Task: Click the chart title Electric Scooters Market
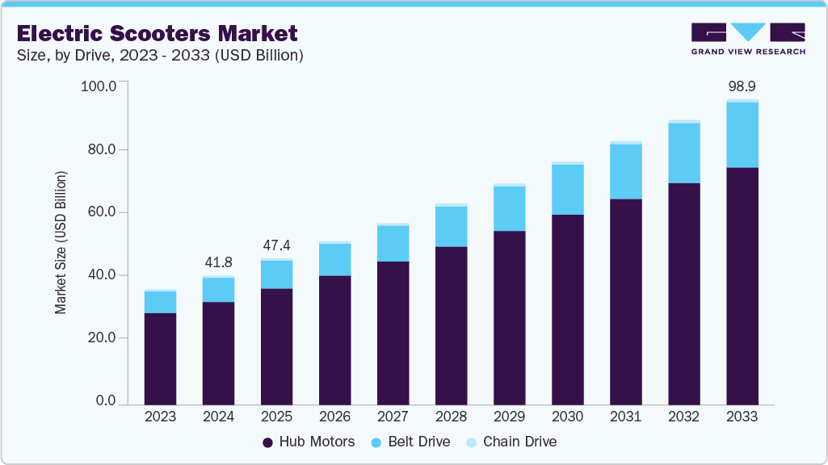tap(157, 34)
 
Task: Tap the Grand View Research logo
tap(747, 39)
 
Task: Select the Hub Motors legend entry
tap(309, 442)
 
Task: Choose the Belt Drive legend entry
tap(413, 442)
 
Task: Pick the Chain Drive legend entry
tap(512, 442)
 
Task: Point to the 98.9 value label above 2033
tap(742, 86)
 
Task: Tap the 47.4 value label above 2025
tap(276, 245)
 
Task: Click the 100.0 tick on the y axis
tap(99, 86)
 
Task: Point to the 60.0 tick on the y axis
tap(102, 212)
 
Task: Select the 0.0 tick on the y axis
tap(106, 401)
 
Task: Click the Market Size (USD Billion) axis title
tap(61, 242)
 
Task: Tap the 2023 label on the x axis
tap(160, 417)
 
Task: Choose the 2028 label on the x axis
tap(451, 417)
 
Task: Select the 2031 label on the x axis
tap(625, 417)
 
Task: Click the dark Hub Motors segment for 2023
tap(160, 358)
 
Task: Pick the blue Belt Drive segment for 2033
tap(742, 135)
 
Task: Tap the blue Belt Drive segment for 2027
tap(393, 243)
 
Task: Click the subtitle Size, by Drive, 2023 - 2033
tap(160, 56)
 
